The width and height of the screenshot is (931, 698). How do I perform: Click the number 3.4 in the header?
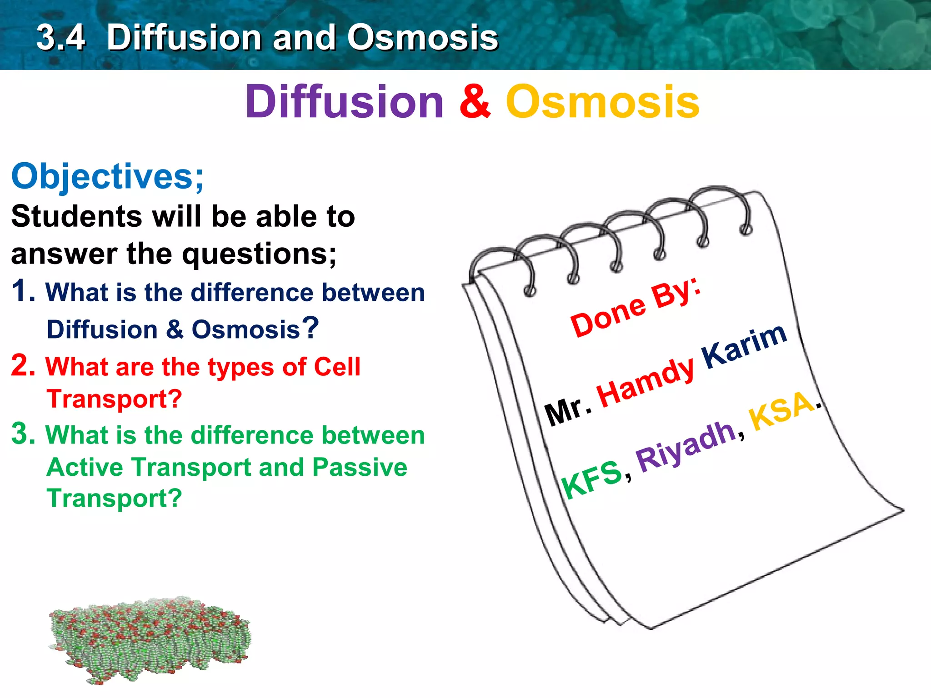click(x=61, y=38)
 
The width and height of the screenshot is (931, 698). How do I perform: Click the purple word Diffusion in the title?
click(x=344, y=102)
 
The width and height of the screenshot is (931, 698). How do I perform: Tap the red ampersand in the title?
click(x=475, y=102)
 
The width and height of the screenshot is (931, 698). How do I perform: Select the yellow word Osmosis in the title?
click(x=602, y=102)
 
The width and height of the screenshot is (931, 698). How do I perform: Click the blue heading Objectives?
click(x=107, y=177)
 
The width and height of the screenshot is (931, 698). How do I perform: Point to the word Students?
click(x=77, y=216)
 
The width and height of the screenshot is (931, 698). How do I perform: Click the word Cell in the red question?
click(x=337, y=366)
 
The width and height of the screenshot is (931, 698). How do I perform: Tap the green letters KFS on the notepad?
click(x=591, y=478)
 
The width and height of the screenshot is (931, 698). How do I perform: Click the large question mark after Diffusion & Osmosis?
click(x=310, y=328)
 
